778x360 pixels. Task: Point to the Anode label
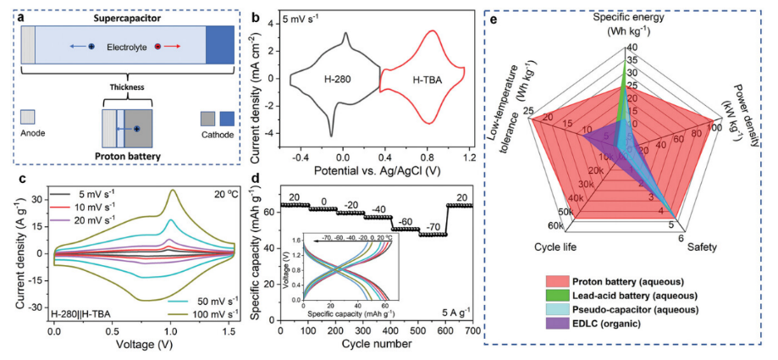coord(31,133)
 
